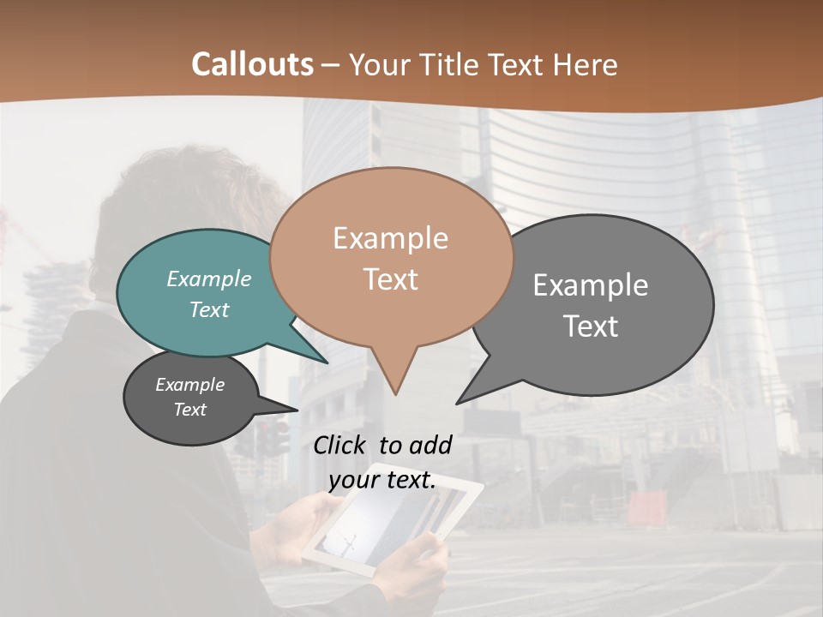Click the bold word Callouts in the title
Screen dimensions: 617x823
[252, 64]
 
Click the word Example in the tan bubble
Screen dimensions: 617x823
[390, 238]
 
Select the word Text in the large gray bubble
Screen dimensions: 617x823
[591, 326]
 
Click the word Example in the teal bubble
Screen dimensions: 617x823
[209, 279]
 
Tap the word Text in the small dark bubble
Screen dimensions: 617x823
[190, 410]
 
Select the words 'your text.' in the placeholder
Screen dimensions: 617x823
[382, 480]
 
